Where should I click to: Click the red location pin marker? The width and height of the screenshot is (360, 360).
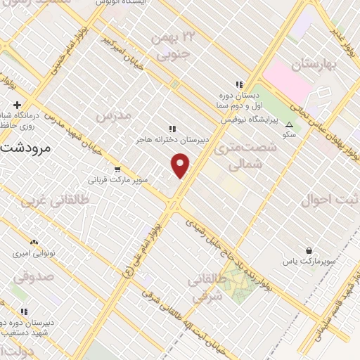coord(181,166)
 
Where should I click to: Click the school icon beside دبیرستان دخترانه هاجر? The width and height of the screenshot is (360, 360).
coord(172,128)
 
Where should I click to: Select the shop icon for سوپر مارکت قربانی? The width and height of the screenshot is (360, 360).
coord(117,169)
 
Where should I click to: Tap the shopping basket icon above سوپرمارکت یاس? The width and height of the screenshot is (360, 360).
coord(309,250)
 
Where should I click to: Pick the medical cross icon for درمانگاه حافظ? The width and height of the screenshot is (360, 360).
coord(16,105)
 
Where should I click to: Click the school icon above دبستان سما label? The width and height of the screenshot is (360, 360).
coord(238,82)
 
